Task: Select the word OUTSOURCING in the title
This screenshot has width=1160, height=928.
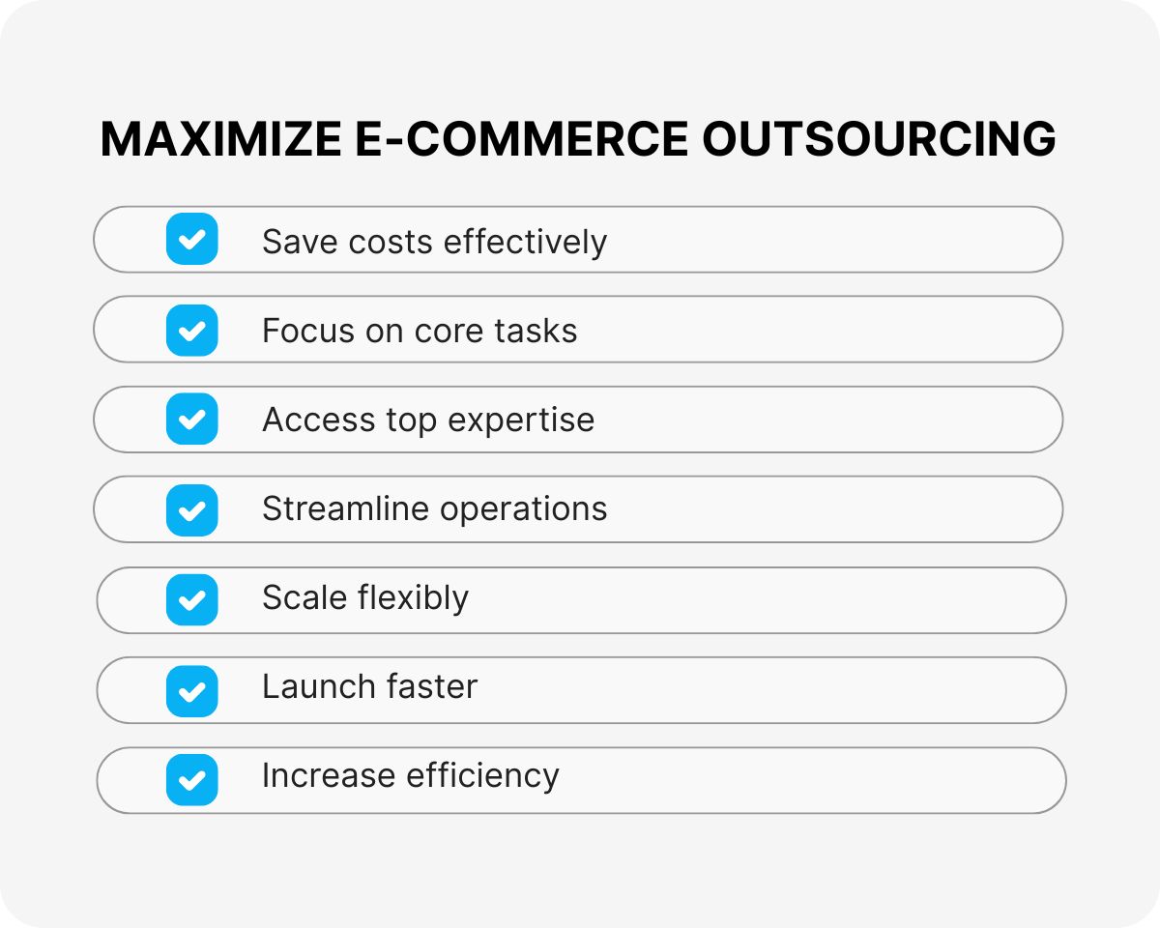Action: point(879,140)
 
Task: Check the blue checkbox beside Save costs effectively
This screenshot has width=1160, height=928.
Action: point(192,239)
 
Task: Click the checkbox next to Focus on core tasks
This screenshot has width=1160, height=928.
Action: point(192,330)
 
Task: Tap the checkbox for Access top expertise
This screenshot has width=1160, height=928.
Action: point(192,420)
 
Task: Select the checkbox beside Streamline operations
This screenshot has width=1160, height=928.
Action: point(192,509)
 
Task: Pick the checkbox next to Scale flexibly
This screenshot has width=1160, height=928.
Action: point(192,599)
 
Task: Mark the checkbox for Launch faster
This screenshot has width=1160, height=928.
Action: point(192,690)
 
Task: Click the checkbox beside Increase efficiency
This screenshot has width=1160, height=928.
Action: point(192,779)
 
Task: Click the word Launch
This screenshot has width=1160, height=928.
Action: point(312,687)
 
